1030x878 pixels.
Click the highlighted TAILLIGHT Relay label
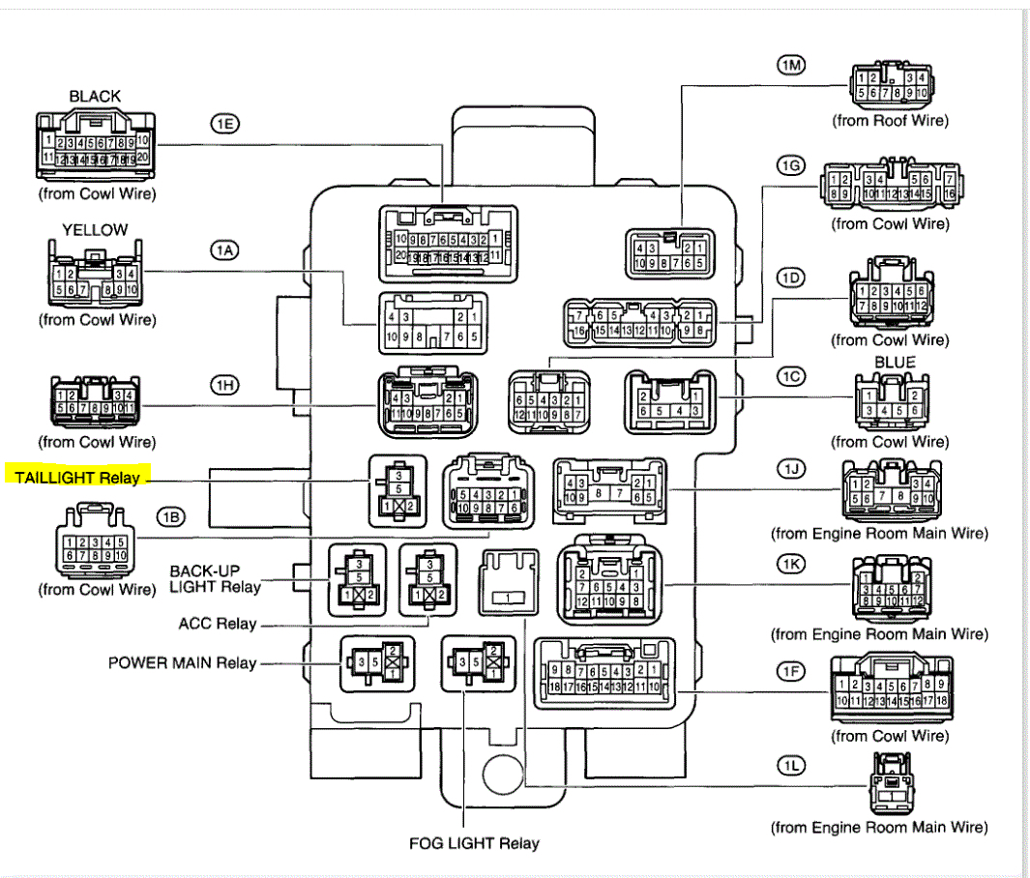pos(77,477)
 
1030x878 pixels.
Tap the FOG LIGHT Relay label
pos(474,843)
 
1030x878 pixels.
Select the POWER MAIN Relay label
pos(182,663)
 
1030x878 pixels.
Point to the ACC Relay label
pos(218,624)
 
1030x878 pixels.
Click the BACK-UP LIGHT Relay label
pos(216,578)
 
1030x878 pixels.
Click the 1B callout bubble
pos(170,516)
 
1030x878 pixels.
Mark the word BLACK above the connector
pos(95,96)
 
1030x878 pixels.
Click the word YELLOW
pos(95,230)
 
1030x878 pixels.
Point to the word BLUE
pos(895,362)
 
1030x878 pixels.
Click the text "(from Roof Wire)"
pos(891,121)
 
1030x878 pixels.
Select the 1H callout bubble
pos(224,385)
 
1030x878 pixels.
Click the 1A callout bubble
pos(224,250)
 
